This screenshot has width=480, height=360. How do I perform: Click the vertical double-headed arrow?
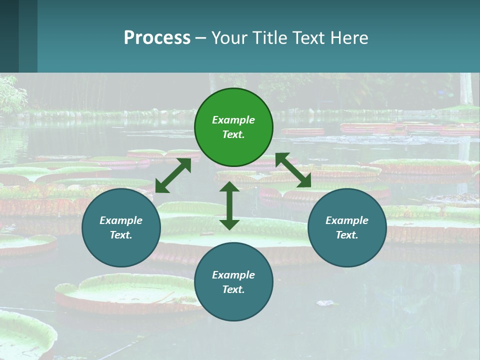(x=229, y=205)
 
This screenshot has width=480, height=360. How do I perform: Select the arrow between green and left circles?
(x=173, y=175)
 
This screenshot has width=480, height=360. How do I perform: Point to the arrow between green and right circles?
(x=293, y=170)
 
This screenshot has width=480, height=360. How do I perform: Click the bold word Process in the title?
(x=157, y=37)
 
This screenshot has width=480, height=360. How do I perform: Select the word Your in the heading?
(x=229, y=37)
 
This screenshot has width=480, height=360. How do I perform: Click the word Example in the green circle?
(x=233, y=120)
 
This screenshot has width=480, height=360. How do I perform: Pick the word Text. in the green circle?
(x=233, y=134)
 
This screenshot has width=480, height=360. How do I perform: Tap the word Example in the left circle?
(x=121, y=220)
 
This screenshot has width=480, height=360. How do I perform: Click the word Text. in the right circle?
(x=347, y=235)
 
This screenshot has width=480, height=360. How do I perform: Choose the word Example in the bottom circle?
(x=233, y=275)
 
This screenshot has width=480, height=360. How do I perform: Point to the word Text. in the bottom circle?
(x=233, y=289)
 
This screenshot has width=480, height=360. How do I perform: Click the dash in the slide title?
(x=200, y=38)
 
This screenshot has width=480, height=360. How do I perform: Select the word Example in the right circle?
(x=347, y=220)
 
